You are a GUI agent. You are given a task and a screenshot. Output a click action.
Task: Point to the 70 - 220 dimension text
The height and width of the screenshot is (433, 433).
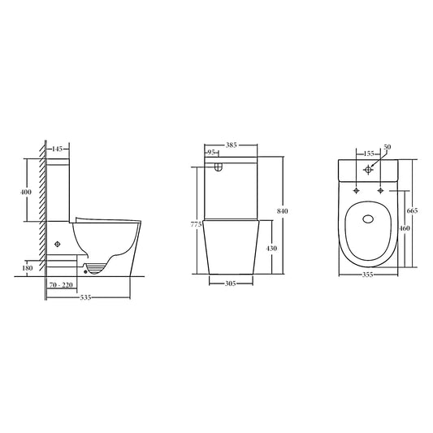pyautogui.click(x=62, y=285)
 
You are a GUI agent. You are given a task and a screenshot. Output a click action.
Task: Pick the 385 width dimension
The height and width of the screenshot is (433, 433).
pyautogui.click(x=231, y=144)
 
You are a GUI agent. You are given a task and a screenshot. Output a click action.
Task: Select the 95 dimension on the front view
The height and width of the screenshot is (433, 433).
pyautogui.click(x=211, y=152)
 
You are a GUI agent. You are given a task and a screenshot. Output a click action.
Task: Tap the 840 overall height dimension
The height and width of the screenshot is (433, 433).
pyautogui.click(x=282, y=211)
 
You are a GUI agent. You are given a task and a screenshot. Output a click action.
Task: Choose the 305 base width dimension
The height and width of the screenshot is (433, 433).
pyautogui.click(x=232, y=285)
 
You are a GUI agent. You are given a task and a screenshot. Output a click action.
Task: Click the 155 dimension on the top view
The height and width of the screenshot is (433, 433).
pyautogui.click(x=368, y=154)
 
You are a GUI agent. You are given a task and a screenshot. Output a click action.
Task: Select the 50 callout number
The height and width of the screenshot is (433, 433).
pyautogui.click(x=387, y=147)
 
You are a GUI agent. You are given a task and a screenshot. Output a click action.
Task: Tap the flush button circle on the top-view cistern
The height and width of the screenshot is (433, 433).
pyautogui.click(x=369, y=170)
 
